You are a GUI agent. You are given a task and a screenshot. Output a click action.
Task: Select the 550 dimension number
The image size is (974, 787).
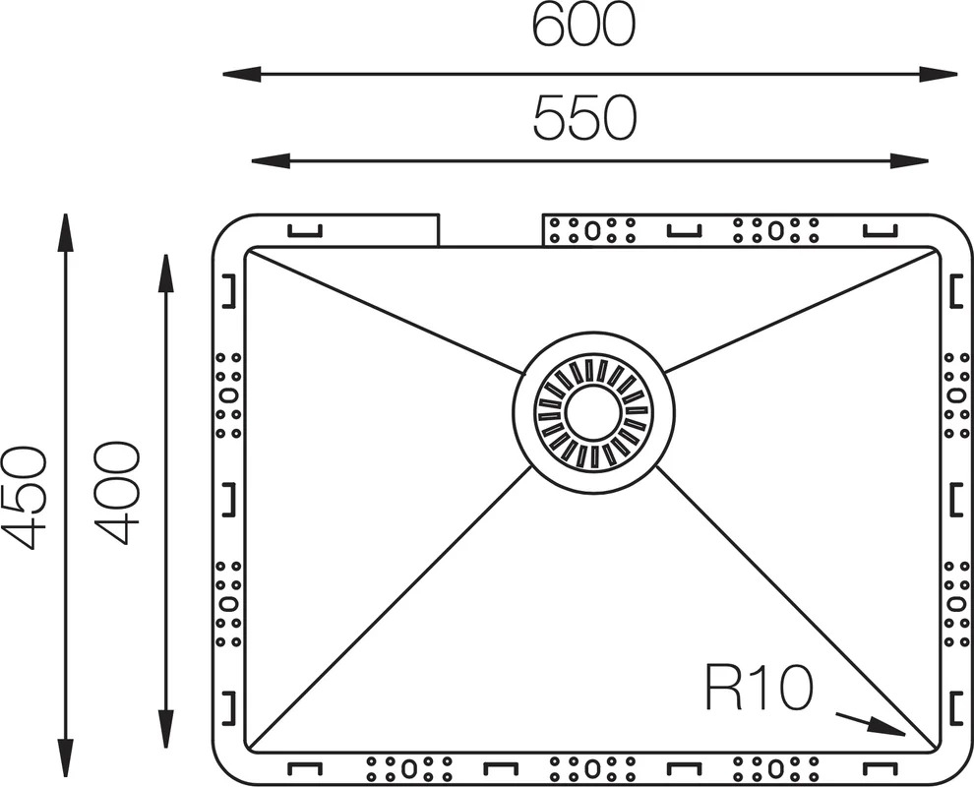coord(584,118)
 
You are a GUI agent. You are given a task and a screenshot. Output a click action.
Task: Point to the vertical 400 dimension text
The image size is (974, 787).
coord(118,493)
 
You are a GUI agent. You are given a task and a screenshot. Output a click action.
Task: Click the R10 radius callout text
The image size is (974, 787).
coord(759,689)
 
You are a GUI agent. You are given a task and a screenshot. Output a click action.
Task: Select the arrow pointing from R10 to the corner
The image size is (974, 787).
coord(871,724)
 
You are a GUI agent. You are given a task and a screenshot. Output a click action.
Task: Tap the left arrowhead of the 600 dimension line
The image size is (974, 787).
coord(241,75)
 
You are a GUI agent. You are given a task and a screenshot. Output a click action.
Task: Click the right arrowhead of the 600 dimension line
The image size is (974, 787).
coord(938,75)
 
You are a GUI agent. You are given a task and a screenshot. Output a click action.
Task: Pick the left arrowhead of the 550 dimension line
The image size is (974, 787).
coord(271,161)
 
